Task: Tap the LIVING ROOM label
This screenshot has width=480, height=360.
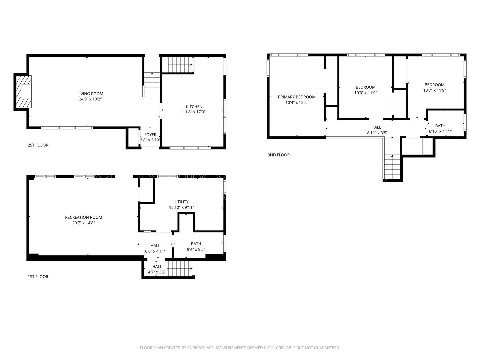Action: tap(90, 94)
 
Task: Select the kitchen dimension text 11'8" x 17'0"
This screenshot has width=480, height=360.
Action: tap(194, 112)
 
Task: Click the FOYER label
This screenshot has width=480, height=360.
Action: tap(150, 135)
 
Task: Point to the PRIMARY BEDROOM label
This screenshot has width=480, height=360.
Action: tap(296, 97)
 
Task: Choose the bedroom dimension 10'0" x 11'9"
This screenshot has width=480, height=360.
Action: tap(365, 93)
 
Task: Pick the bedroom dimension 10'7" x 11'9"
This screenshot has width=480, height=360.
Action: tap(434, 90)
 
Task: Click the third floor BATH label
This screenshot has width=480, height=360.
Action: tap(440, 126)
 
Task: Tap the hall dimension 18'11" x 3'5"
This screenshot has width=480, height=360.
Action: tap(376, 133)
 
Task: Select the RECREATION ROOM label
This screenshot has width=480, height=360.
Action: tap(83, 217)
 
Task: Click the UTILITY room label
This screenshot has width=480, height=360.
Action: tap(181, 202)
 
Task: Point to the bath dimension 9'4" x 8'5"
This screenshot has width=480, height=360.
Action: tap(196, 249)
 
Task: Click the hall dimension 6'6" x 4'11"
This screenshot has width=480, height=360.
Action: tap(155, 251)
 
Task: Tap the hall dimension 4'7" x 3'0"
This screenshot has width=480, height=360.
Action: tap(157, 272)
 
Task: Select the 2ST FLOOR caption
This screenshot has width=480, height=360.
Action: tap(38, 145)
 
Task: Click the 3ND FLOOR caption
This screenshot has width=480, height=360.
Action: tap(278, 155)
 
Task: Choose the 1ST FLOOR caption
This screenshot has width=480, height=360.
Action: tap(38, 277)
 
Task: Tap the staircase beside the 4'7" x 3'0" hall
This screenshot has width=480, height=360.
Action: tap(180, 269)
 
